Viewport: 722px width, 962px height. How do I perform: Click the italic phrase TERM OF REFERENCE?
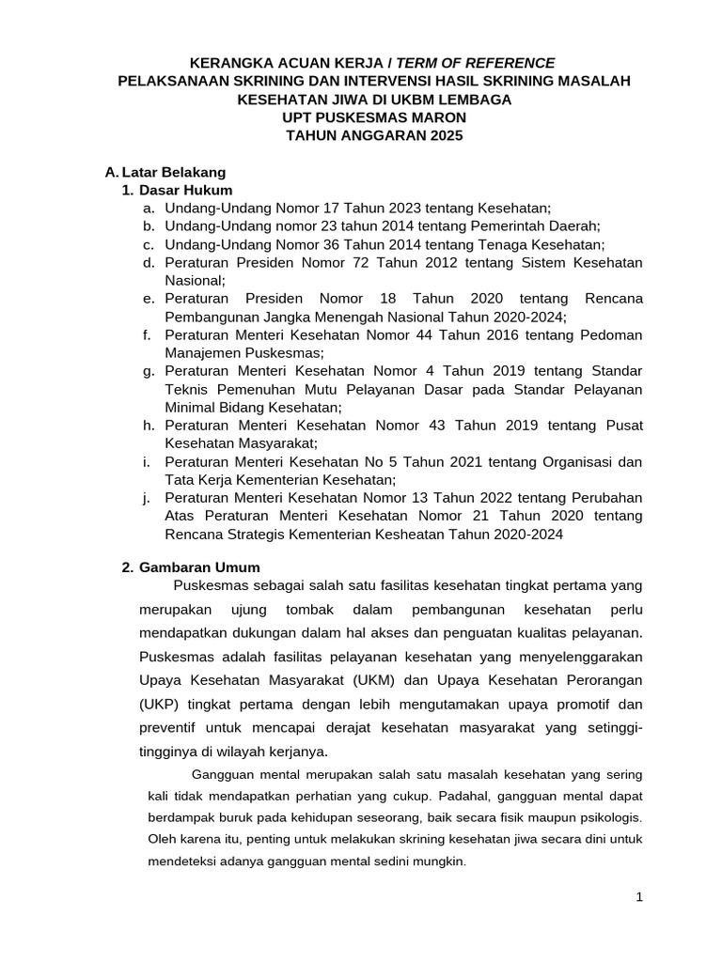[476, 63]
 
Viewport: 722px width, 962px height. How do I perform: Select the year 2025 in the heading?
[446, 135]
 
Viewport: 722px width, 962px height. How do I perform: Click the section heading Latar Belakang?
[175, 172]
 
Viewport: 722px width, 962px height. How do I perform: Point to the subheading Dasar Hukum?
[186, 190]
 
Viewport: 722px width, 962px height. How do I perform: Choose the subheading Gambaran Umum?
[199, 567]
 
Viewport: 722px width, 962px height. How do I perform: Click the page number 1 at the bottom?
[639, 897]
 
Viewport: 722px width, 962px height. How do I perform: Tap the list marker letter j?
[149, 497]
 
